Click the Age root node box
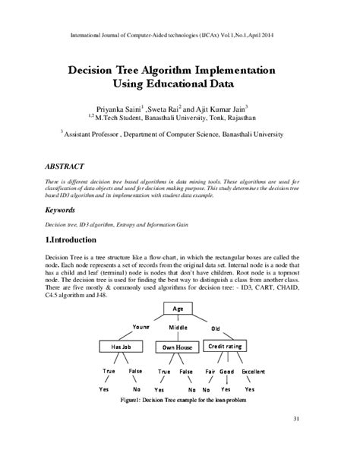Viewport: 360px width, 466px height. click(x=178, y=309)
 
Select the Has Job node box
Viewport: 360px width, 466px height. click(x=122, y=346)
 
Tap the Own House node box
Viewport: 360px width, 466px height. click(x=177, y=347)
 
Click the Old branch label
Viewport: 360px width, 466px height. click(x=216, y=329)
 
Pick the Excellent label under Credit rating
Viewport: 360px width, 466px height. click(x=254, y=371)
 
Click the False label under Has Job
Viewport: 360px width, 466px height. click(x=135, y=371)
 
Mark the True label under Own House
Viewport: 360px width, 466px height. click(x=164, y=371)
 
